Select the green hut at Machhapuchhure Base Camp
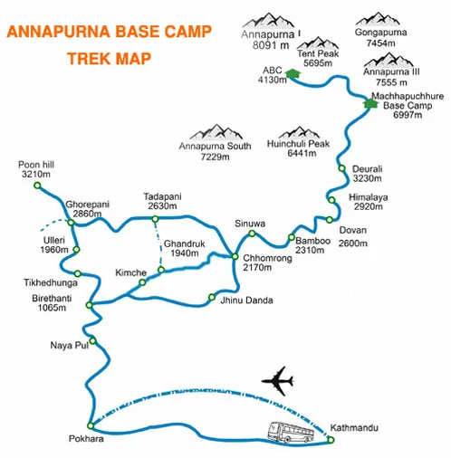[x=369, y=102]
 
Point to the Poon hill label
[x=35, y=168]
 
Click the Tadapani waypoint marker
[x=156, y=218]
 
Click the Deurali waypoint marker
[x=341, y=169]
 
